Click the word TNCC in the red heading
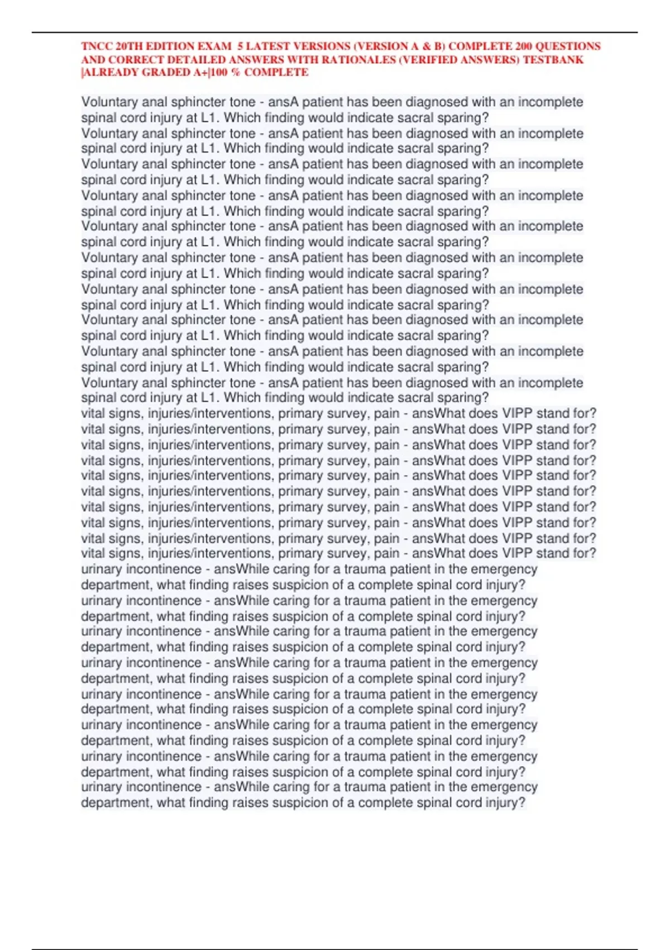97,46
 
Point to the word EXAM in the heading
214,46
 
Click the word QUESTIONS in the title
568,46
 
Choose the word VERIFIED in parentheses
422,59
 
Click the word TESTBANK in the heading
553,59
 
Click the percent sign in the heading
236,72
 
